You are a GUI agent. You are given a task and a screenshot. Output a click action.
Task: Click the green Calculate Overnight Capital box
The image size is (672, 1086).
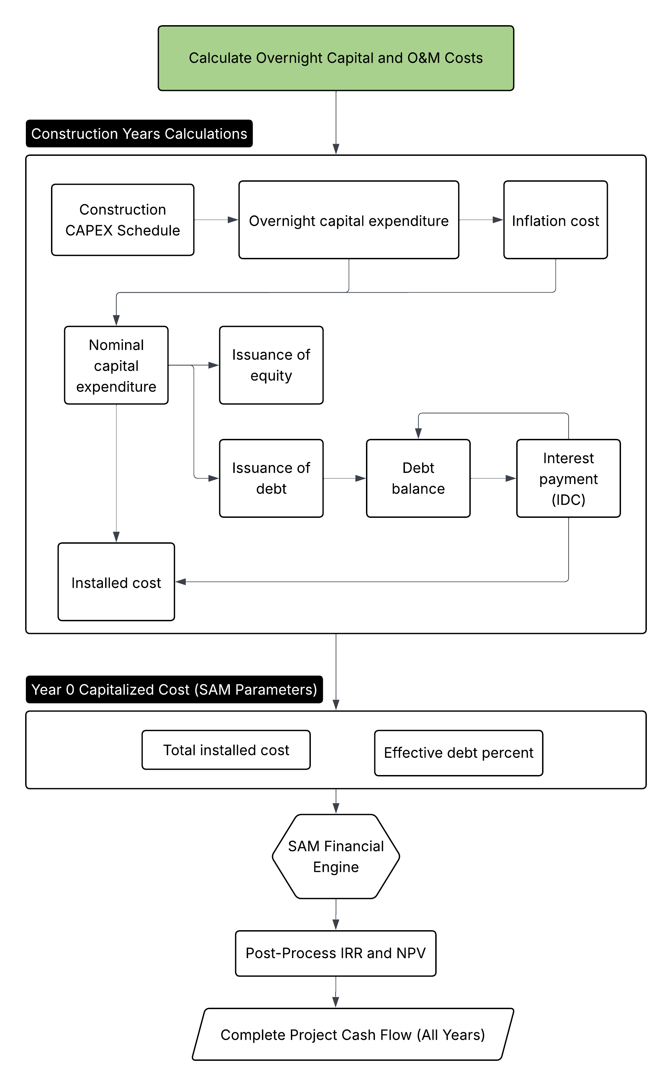tap(336, 58)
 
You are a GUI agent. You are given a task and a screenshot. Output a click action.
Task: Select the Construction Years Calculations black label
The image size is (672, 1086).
tap(139, 134)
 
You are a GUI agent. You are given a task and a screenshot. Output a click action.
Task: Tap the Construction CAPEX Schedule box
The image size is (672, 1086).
tap(123, 220)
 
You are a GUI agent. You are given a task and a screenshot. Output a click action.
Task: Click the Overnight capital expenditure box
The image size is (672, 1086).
tap(348, 220)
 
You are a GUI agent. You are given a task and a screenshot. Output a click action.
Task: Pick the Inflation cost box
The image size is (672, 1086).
tap(555, 220)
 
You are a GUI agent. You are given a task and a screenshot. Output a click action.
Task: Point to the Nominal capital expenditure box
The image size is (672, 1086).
tap(116, 365)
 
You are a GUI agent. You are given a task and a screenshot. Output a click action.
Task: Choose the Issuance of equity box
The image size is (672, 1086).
tap(271, 365)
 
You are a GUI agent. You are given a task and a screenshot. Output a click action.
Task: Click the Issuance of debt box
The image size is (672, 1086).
tap(271, 478)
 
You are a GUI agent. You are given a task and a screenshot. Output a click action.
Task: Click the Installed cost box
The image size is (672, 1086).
tap(116, 582)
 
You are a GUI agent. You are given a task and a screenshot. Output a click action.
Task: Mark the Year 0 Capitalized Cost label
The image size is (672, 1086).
tap(174, 690)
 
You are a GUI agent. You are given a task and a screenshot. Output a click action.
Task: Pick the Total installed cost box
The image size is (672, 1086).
tap(226, 750)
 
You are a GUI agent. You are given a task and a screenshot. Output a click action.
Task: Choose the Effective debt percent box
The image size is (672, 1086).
tap(458, 753)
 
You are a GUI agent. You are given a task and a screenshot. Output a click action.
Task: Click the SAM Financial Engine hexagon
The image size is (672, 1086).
tap(336, 856)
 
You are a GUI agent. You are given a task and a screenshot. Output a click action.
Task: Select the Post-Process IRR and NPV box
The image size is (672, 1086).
tap(336, 953)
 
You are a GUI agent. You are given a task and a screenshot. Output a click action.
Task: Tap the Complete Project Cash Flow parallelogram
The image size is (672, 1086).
tap(353, 1034)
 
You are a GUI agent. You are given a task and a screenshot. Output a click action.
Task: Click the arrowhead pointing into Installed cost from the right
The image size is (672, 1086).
tap(181, 582)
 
